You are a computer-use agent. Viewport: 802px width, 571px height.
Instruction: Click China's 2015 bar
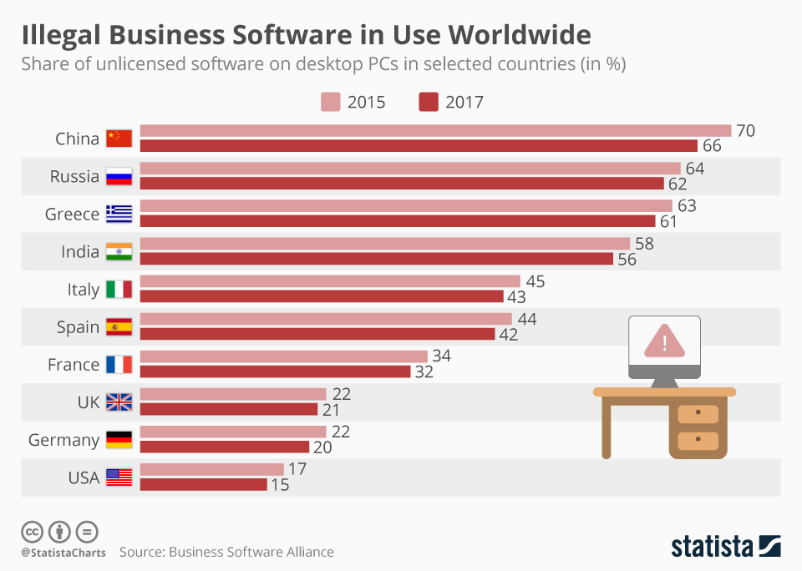point(434,131)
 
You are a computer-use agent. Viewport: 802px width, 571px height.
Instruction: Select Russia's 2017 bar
point(401,184)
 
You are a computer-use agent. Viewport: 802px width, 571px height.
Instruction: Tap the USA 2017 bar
point(203,484)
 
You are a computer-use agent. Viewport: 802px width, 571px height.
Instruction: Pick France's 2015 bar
point(283,356)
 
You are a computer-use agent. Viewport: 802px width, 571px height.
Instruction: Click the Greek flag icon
point(119,214)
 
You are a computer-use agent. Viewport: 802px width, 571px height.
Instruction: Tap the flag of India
point(119,251)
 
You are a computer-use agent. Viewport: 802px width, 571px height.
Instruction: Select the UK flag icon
point(119,402)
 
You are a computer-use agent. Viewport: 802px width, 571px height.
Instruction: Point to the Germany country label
point(63,440)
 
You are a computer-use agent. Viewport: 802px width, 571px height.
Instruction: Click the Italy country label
point(83,290)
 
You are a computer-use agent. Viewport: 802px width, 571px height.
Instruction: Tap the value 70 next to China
point(745,131)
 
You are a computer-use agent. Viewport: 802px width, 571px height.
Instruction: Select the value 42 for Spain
point(509,335)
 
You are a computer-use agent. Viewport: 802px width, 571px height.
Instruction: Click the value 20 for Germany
point(322,447)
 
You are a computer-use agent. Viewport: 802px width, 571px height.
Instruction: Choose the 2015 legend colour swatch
point(330,102)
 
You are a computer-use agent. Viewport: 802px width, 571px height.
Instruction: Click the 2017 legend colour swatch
point(428,102)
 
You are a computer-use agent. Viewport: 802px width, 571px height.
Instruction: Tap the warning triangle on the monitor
point(664,341)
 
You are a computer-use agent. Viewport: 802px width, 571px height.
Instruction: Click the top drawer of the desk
point(698,414)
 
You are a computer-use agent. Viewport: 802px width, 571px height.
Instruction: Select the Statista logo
point(725,546)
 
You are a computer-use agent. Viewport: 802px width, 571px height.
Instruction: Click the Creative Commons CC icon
point(32,531)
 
